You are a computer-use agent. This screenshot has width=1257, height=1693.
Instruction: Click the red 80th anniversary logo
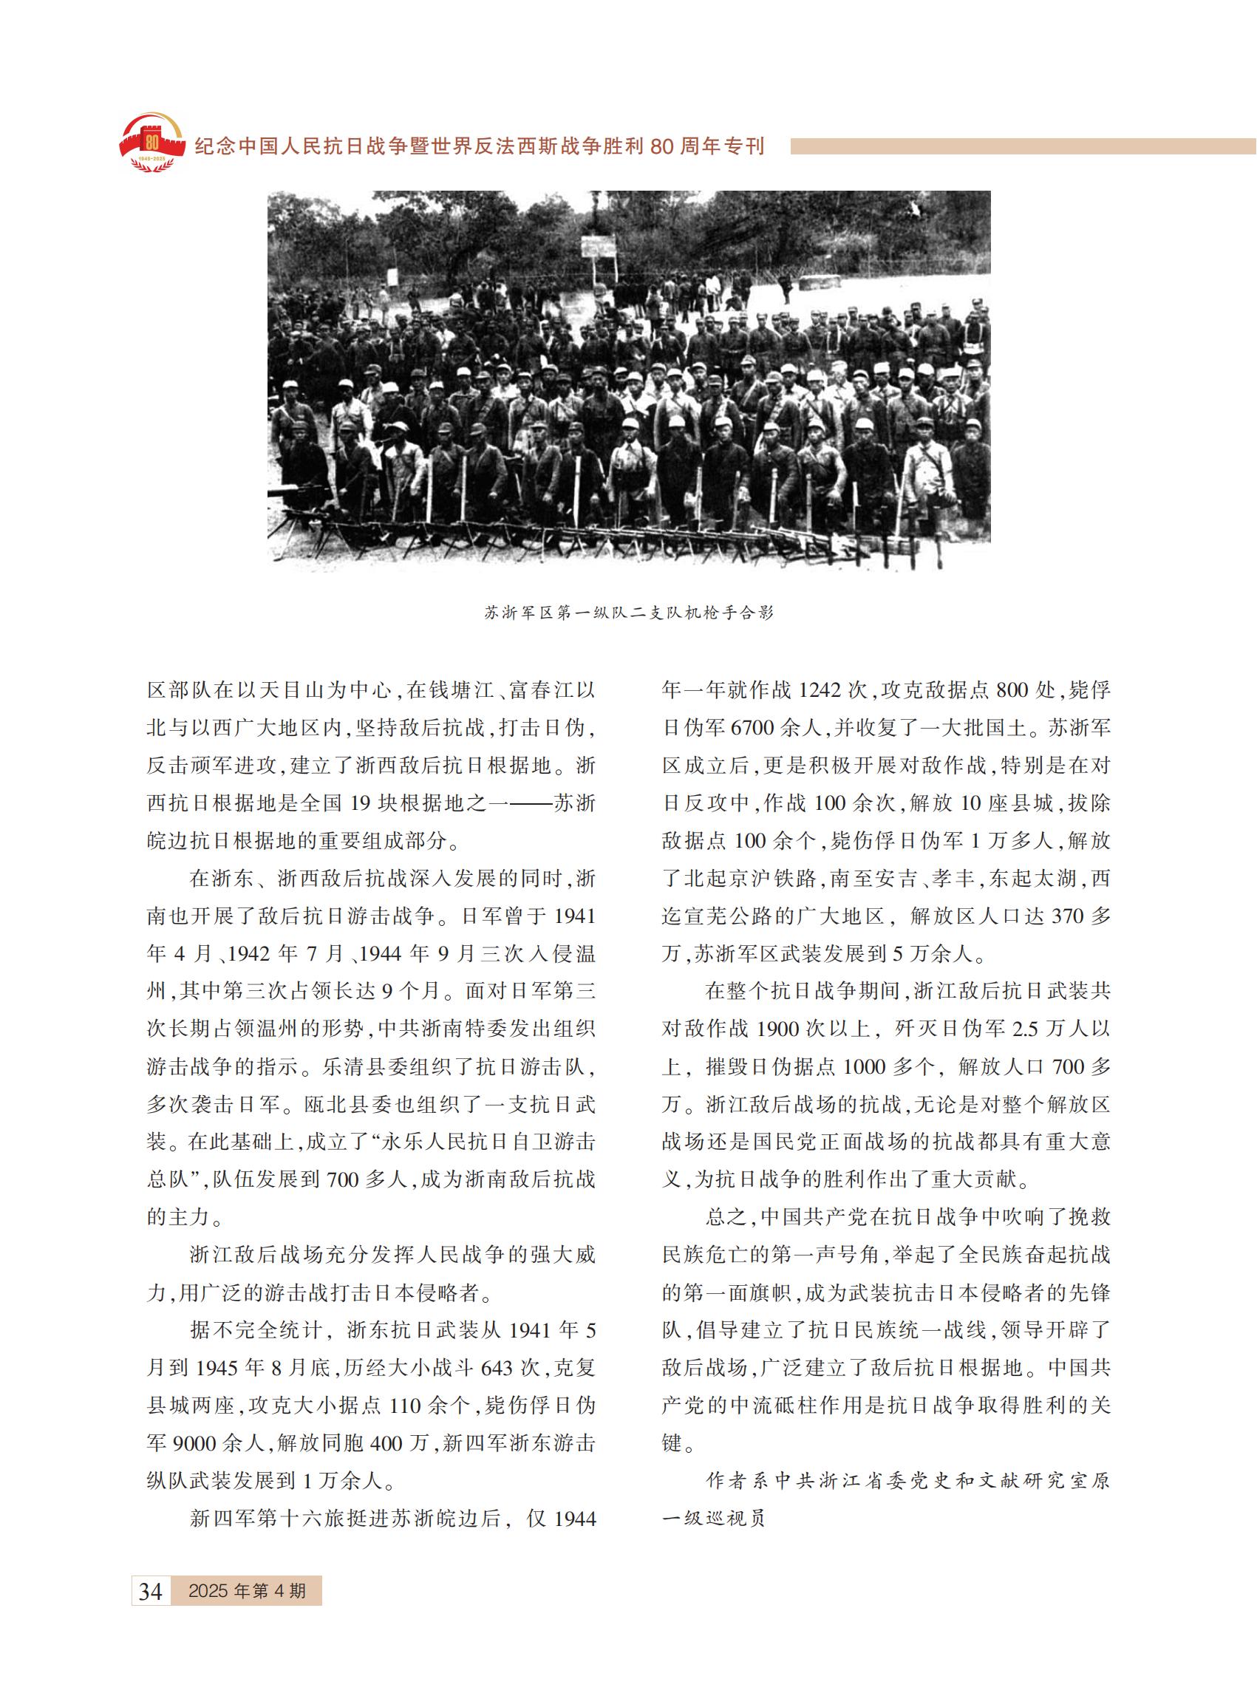(152, 143)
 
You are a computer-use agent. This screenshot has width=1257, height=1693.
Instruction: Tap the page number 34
(151, 1591)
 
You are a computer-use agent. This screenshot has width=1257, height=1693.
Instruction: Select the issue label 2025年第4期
(247, 1590)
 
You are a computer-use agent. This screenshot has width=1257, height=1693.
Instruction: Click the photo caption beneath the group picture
(628, 613)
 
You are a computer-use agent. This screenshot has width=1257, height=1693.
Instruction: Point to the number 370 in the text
(1067, 916)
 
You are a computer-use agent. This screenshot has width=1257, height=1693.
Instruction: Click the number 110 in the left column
(406, 1406)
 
